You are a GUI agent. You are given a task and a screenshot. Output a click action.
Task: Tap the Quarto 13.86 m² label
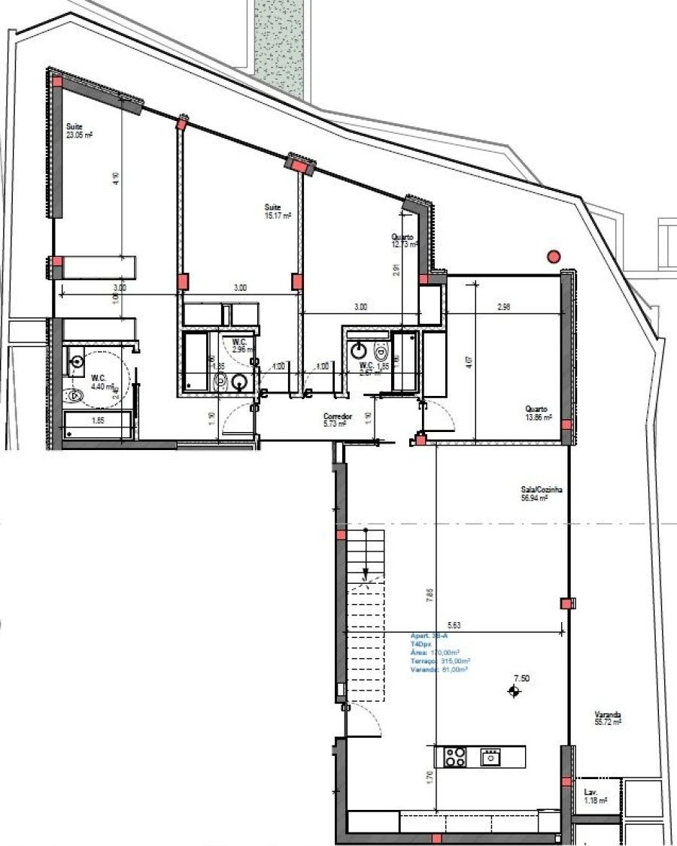coord(539,412)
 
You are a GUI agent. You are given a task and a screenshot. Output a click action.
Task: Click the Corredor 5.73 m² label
coord(335,419)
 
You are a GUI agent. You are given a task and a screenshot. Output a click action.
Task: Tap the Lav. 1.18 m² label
coord(594,796)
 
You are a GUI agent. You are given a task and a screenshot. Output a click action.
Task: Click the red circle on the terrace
coord(554,256)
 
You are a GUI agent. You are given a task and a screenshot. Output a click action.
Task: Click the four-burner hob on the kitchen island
coord(454,757)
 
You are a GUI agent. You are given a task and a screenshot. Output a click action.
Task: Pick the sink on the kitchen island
coord(490,757)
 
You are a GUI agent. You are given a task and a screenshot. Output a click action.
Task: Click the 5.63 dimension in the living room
coord(454,624)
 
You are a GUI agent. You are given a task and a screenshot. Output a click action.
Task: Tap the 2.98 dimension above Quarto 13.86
coord(504,307)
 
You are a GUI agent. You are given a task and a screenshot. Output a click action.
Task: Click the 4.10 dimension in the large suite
coord(115,178)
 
